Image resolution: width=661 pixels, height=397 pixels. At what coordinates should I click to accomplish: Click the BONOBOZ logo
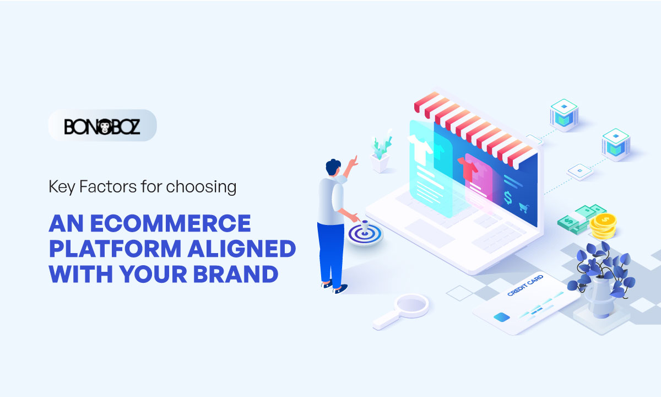[102, 126]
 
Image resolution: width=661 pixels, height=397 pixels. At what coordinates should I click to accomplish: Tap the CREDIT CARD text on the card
[524, 286]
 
